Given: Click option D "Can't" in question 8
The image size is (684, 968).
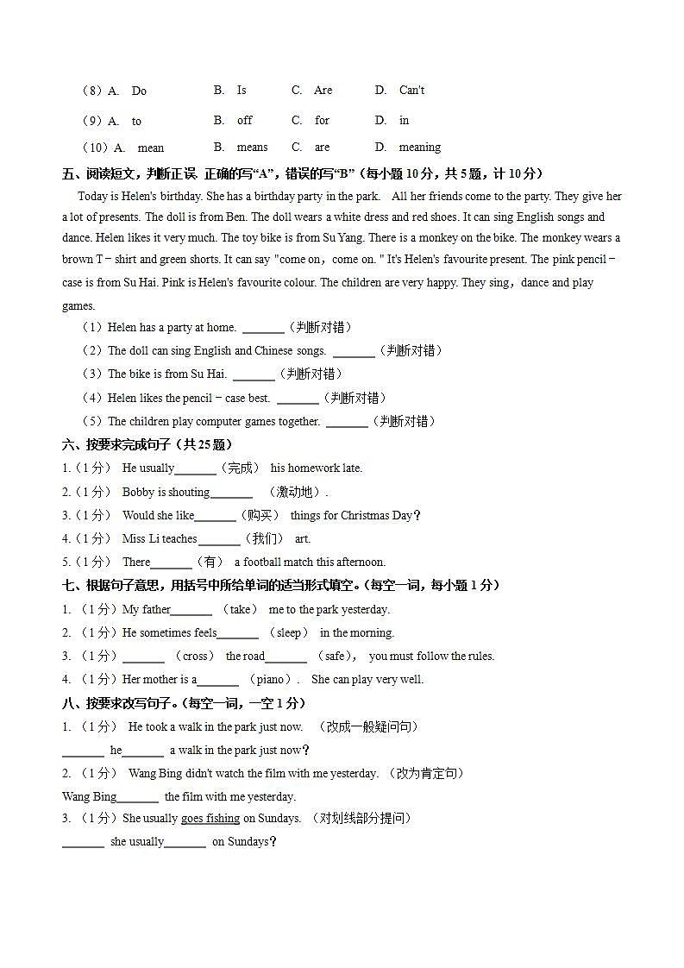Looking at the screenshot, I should pyautogui.click(x=411, y=91).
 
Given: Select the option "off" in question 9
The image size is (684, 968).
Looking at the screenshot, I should pyautogui.click(x=245, y=121).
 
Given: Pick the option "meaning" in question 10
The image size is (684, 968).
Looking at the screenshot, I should pyautogui.click(x=419, y=148).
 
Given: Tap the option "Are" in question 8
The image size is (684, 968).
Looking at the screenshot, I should pyautogui.click(x=323, y=91).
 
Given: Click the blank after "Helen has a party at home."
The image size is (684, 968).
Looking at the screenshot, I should pyautogui.click(x=263, y=329).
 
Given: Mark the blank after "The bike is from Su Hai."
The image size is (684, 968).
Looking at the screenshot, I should pyautogui.click(x=254, y=375).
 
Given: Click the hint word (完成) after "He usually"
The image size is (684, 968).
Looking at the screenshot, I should pyautogui.click(x=240, y=468).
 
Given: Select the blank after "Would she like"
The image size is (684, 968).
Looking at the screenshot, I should pyautogui.click(x=215, y=517).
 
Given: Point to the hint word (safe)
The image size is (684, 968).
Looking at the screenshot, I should pyautogui.click(x=336, y=657).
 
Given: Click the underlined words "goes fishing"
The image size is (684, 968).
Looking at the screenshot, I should pyautogui.click(x=210, y=819).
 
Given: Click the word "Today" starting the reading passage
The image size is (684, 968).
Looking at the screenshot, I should pyautogui.click(x=92, y=197).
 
